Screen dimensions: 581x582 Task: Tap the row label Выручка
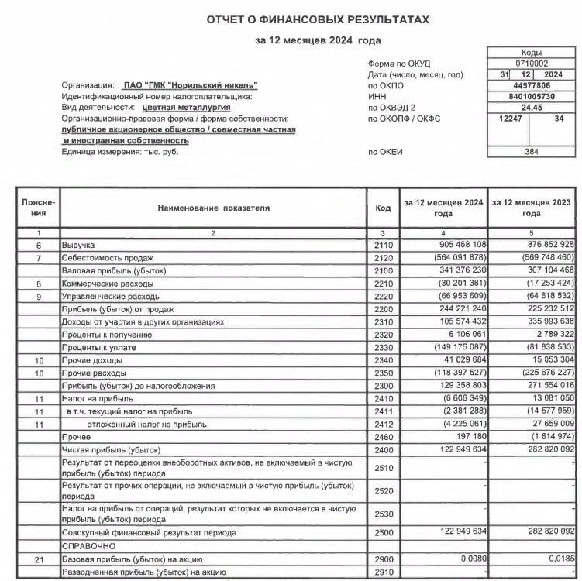78,244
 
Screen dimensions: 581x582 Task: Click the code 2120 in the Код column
383,257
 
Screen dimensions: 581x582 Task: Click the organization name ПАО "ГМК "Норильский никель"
191,85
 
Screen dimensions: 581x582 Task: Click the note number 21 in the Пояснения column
36,559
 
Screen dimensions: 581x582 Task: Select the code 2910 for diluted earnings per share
383,572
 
